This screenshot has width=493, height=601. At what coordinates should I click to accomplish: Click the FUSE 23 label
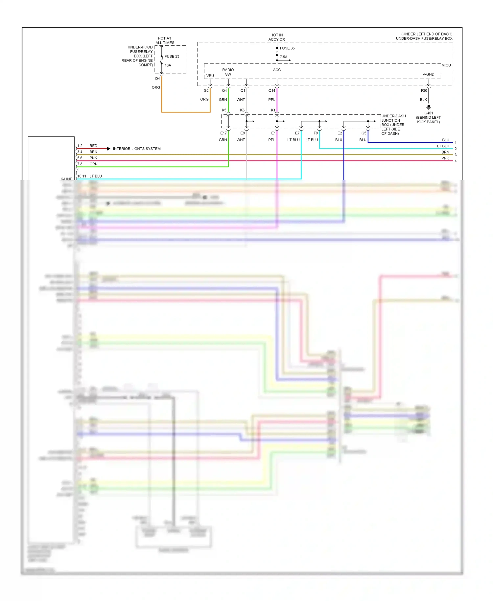point(172,56)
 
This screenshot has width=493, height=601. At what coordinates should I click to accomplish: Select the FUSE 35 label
point(287,48)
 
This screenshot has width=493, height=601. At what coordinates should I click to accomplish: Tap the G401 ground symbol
point(429,107)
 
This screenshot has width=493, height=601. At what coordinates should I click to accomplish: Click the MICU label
point(446,65)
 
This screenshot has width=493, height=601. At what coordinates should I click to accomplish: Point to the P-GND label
point(428,74)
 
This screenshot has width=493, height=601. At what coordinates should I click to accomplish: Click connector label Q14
point(271,90)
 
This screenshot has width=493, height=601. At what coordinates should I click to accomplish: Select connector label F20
point(424,90)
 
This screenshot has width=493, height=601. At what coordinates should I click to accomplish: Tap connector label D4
point(157,79)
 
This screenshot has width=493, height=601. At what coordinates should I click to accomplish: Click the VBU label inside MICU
point(210,76)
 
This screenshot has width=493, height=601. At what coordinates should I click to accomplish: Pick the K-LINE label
point(66,179)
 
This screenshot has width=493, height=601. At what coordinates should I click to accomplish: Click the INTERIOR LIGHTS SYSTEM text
point(137,149)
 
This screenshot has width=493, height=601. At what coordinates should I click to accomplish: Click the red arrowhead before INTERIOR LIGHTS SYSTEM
point(108,149)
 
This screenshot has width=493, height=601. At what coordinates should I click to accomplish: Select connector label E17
point(223,133)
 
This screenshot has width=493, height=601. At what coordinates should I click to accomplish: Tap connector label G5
point(364,133)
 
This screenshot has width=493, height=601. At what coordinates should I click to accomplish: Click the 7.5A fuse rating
point(283,57)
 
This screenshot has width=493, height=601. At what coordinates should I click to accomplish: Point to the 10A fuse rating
point(168,65)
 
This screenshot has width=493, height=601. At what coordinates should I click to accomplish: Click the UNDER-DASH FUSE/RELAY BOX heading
point(424,38)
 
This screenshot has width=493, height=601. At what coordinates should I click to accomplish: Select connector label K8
point(242,110)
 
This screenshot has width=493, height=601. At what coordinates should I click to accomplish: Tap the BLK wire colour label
point(423,100)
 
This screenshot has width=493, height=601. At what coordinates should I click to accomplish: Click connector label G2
point(206,90)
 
